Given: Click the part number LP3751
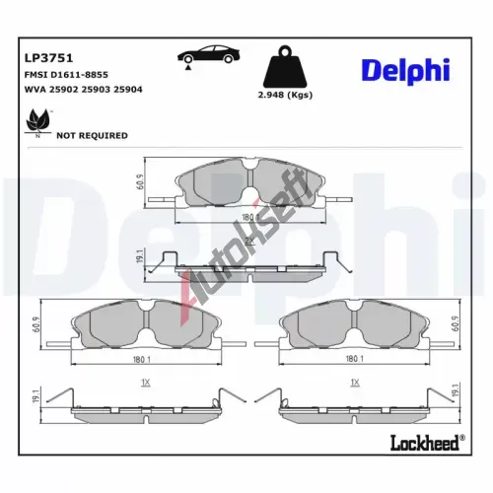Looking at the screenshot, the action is tap(48, 58).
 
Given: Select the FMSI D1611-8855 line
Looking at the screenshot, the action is tap(66, 75).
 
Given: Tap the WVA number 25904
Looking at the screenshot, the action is tap(128, 90).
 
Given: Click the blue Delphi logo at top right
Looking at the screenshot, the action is tap(405, 71).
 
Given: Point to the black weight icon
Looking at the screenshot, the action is tap(285, 67).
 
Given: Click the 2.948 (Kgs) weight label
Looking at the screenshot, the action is tap(285, 95).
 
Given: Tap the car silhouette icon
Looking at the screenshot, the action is tap(209, 54).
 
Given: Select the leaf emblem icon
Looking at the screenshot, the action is tap(38, 121).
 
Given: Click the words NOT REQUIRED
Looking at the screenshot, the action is tap(92, 136).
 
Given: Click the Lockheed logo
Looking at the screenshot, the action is tap(427, 443).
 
